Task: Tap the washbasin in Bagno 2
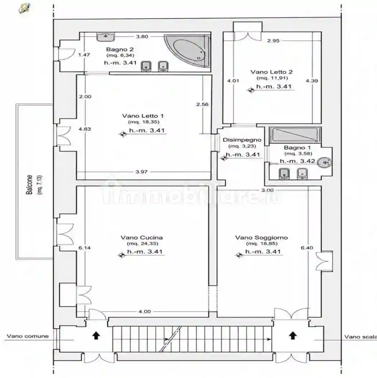point(106,37)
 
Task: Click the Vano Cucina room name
point(142,238)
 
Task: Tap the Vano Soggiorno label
point(262,238)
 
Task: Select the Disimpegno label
point(242,140)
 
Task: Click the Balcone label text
point(29,185)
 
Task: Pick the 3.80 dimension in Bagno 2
point(142,37)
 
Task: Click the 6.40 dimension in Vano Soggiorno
point(307,248)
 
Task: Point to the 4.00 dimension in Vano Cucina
point(144,311)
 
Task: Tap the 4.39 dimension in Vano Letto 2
point(312,81)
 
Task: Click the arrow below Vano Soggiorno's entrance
point(293,335)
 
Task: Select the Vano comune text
point(28,336)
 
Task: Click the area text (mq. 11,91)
point(272,78)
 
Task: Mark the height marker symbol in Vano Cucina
point(122,255)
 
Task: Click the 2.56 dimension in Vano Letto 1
point(202,104)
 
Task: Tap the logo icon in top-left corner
point(24,8)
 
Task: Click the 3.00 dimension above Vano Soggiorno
point(267,190)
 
